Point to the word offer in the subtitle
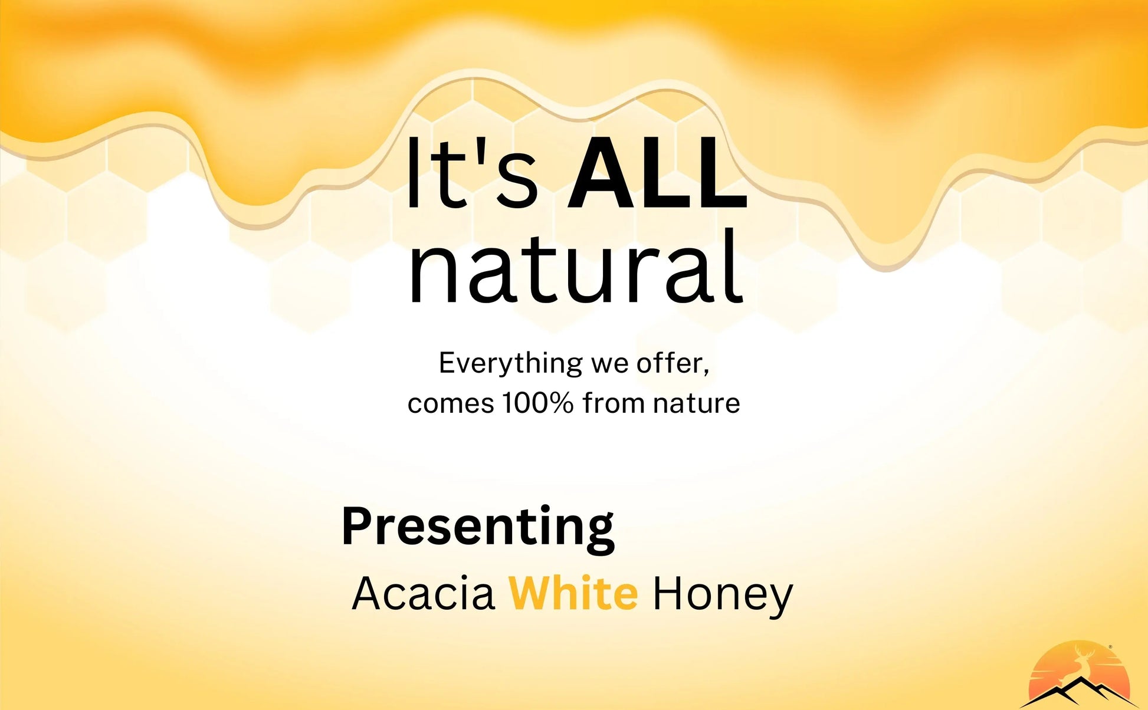[669, 362]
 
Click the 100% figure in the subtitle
[537, 403]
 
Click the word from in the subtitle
[614, 403]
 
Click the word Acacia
[423, 593]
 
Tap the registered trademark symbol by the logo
[1111, 647]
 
